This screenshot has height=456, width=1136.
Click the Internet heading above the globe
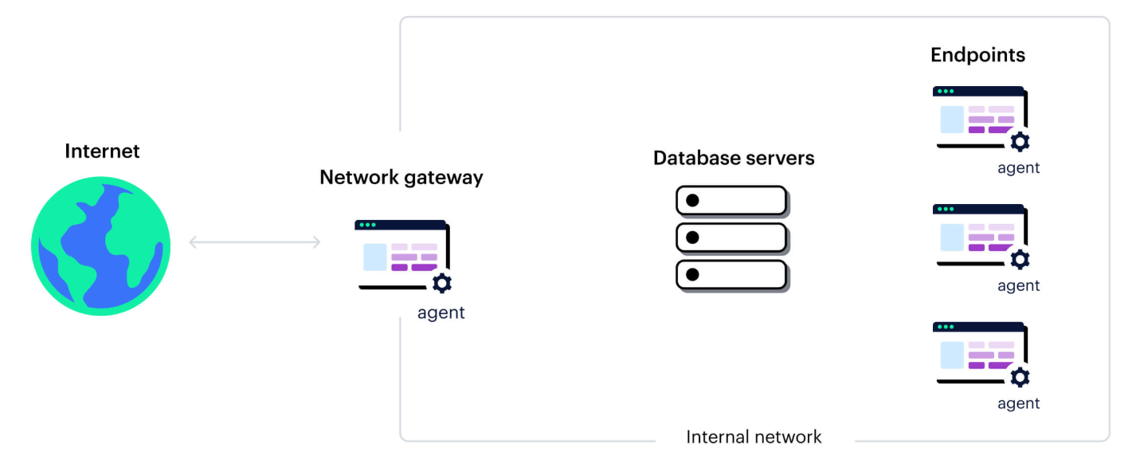pyautogui.click(x=102, y=151)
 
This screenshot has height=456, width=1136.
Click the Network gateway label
pyautogui.click(x=401, y=177)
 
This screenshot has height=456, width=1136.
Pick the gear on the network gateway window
pyautogui.click(x=442, y=283)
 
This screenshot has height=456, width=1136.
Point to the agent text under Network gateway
pyautogui.click(x=441, y=313)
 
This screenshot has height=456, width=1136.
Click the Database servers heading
pyautogui.click(x=734, y=158)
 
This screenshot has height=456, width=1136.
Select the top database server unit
pyautogui.click(x=731, y=200)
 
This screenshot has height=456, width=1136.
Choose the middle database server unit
pyautogui.click(x=731, y=237)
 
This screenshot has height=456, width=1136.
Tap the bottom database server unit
pyautogui.click(x=731, y=274)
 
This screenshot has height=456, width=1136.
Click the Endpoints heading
pyautogui.click(x=977, y=55)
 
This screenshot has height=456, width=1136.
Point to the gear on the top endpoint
pyautogui.click(x=1020, y=143)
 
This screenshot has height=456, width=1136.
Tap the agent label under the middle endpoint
pyautogui.click(x=1019, y=285)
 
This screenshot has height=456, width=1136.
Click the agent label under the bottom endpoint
pyautogui.click(x=1019, y=403)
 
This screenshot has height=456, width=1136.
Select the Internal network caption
pyautogui.click(x=754, y=437)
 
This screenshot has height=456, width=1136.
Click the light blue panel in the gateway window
pyautogui.click(x=374, y=257)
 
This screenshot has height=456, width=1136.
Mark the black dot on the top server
pyautogui.click(x=692, y=200)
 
